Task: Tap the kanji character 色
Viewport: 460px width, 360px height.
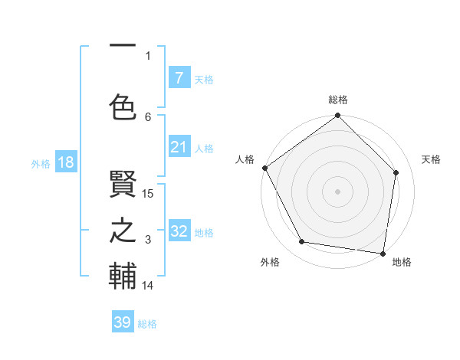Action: click(123, 107)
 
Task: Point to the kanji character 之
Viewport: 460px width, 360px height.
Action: click(123, 231)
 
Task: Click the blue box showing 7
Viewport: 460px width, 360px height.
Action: click(179, 77)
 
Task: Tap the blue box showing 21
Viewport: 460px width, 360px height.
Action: click(179, 146)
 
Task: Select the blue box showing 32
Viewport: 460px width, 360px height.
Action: click(179, 231)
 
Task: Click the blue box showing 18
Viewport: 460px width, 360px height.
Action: click(65, 162)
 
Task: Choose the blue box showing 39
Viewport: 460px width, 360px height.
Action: click(123, 322)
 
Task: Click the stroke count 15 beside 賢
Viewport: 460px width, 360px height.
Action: click(149, 194)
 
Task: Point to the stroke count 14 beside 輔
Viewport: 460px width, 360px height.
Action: click(149, 286)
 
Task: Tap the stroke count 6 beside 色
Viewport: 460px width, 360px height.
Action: click(149, 116)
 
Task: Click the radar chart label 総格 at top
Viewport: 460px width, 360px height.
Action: click(338, 100)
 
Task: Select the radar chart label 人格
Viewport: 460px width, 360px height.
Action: click(245, 159)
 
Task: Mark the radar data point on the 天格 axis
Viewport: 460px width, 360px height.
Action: click(396, 172)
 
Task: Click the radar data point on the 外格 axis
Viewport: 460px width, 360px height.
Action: click(302, 242)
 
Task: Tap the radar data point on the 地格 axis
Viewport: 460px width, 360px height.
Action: click(383, 253)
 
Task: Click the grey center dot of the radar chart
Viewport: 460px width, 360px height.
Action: click(338, 191)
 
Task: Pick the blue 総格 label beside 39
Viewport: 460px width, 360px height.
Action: click(148, 324)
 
